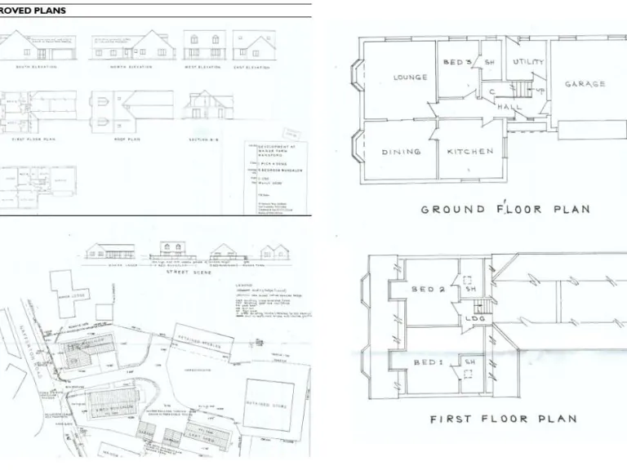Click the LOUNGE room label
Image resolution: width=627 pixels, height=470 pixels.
click(411, 78)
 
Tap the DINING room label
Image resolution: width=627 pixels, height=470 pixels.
click(401, 152)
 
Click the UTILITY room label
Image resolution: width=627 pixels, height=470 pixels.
click(528, 62)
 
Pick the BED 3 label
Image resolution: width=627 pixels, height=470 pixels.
click(458, 63)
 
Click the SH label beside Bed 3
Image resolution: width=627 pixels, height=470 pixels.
click(490, 63)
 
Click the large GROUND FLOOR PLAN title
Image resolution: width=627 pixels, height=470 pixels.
click(505, 210)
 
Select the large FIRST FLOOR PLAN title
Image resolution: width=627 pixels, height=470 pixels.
click(504, 419)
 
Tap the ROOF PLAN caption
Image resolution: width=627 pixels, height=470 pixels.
click(112, 140)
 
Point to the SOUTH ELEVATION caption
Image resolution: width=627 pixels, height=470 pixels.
click(40, 66)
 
